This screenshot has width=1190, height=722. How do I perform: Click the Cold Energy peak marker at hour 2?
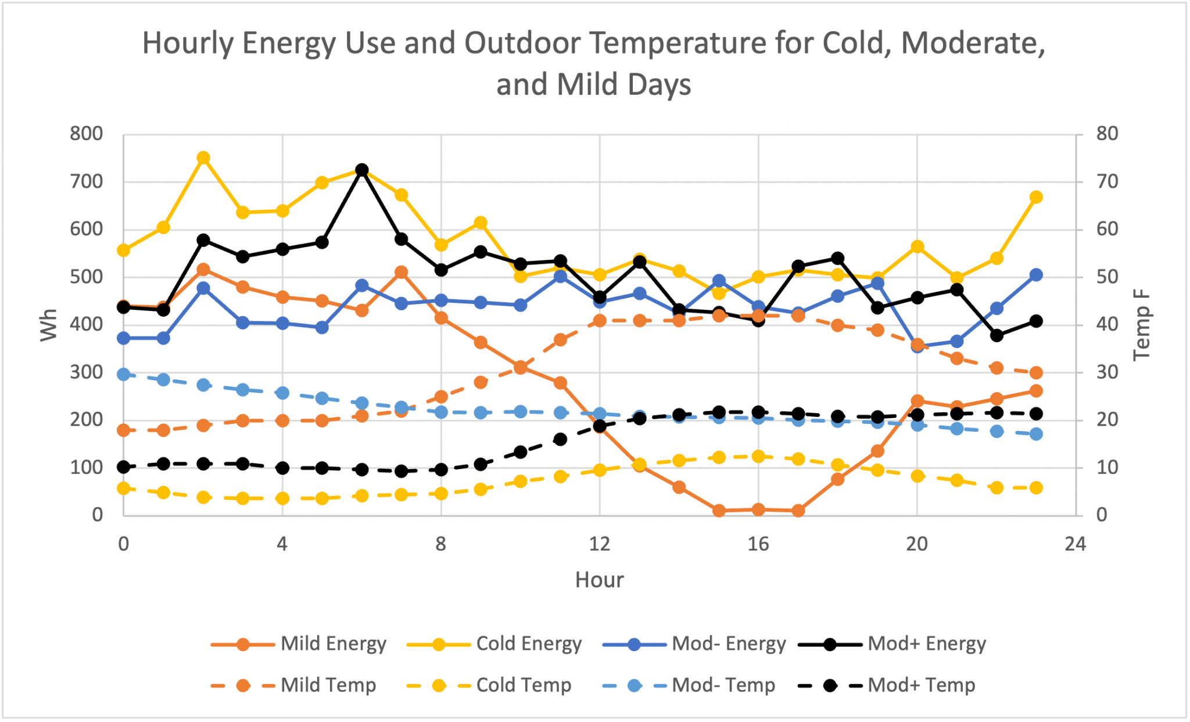coord(203,158)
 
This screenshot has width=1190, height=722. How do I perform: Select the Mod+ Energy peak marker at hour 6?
coord(362,170)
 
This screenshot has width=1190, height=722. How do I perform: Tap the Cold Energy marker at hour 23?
coord(1035,197)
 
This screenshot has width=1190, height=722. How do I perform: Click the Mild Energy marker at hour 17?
coord(798,510)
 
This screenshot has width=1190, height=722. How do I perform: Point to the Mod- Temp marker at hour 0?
coord(124,374)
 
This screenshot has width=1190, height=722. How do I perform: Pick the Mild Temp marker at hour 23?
coord(1035,373)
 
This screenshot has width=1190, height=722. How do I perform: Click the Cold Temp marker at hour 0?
coord(124,488)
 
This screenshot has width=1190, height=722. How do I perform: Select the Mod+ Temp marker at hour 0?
coord(124,467)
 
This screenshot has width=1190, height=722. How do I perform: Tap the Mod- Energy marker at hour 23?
coord(1035,275)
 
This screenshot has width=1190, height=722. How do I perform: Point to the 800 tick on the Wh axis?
coord(86,134)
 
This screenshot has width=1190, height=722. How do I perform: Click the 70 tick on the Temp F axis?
coord(1106,182)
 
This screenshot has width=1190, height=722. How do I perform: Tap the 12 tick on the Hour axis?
coord(600,544)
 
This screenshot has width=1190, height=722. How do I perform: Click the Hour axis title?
coord(599,580)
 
